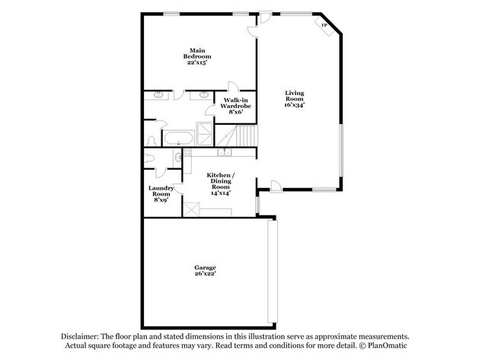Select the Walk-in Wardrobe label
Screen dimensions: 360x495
tap(236, 106)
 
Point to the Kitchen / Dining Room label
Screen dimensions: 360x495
tap(222, 183)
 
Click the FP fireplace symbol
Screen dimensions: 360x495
tap(324, 27)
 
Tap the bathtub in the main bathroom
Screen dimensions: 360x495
tap(180, 137)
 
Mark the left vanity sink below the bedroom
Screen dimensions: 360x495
tap(160, 95)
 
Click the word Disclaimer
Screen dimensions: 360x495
tap(81, 336)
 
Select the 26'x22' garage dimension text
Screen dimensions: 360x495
tap(205, 275)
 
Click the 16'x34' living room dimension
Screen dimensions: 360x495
tap(294, 106)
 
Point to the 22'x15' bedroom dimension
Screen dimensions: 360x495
tap(197, 62)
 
